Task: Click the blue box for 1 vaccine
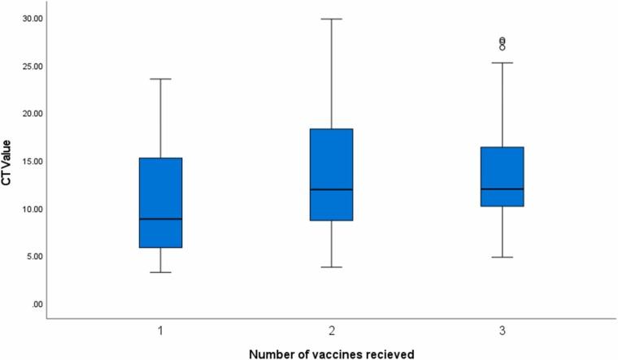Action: pos(160,202)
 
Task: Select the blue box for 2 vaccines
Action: pos(331,174)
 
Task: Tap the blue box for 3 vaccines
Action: pos(502,176)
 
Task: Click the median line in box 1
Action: pos(160,219)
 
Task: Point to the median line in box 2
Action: pos(331,189)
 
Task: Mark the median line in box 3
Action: pos(502,189)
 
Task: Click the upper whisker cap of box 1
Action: pos(160,79)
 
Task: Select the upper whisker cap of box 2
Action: pos(331,18)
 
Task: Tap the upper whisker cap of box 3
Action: pos(502,63)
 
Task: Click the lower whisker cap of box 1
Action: pos(160,272)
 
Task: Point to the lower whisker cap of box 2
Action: pos(331,267)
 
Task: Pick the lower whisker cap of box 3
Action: pos(502,257)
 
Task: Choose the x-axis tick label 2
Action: pos(331,331)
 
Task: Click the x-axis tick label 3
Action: pos(502,331)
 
